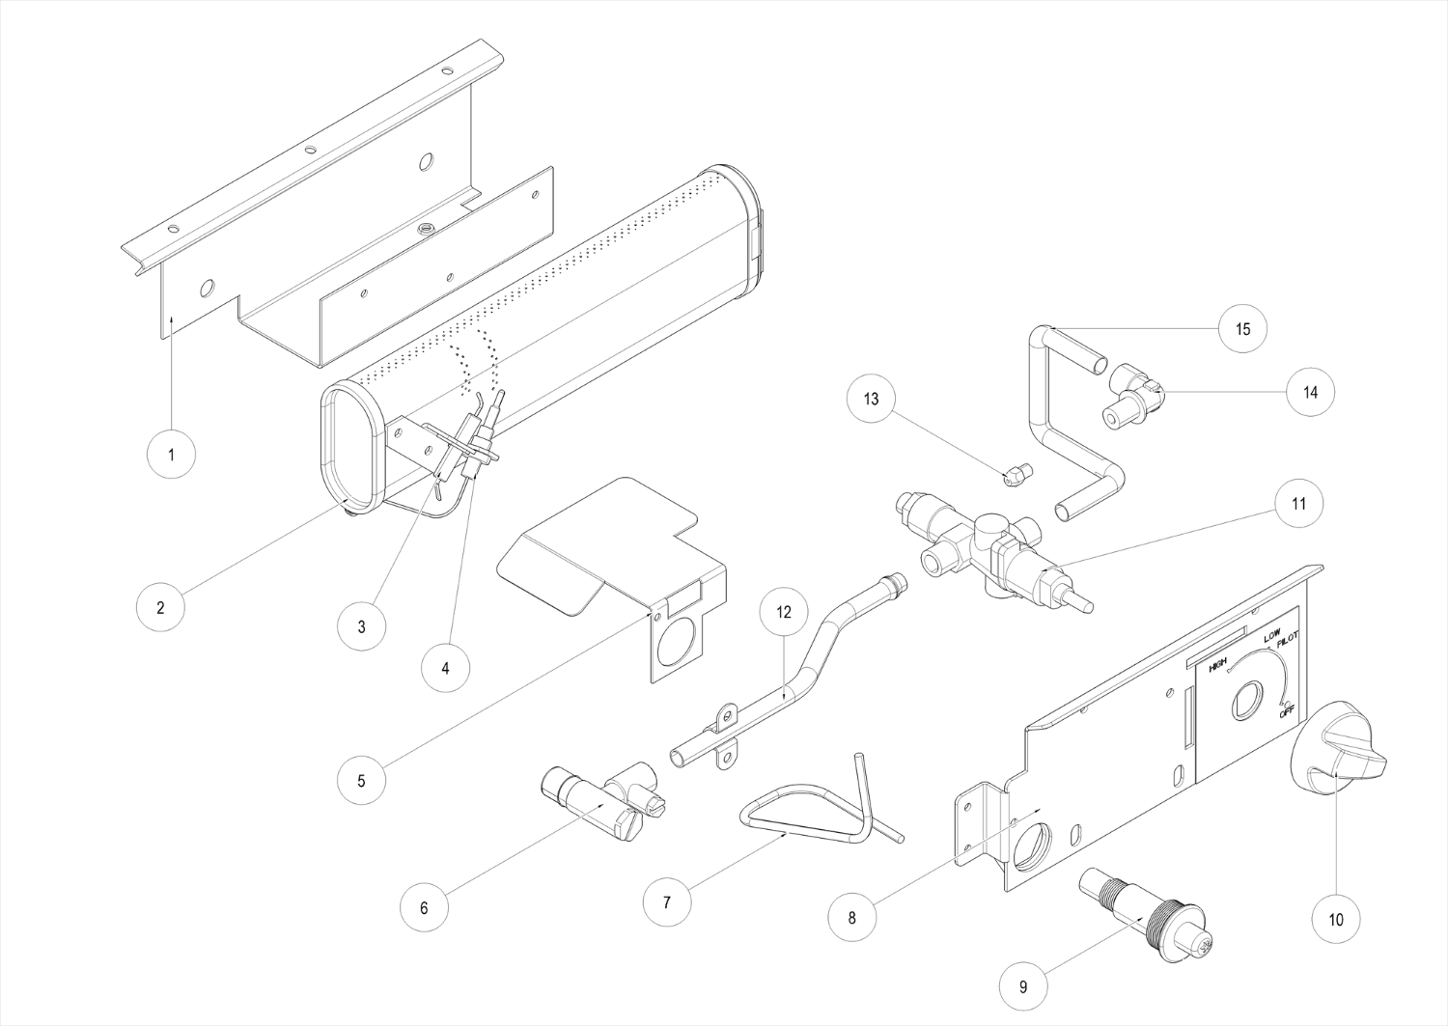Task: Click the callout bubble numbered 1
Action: [171, 455]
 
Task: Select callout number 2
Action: [160, 607]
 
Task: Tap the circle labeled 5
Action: [361, 780]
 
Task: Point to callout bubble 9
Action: [1023, 986]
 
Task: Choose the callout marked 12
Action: [784, 612]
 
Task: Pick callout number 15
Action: [1242, 328]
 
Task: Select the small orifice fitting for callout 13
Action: [1018, 475]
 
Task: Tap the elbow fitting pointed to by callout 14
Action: [1133, 395]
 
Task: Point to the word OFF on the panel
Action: [1286, 712]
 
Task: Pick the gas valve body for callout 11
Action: [993, 553]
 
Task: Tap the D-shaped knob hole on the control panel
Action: [1245, 702]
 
